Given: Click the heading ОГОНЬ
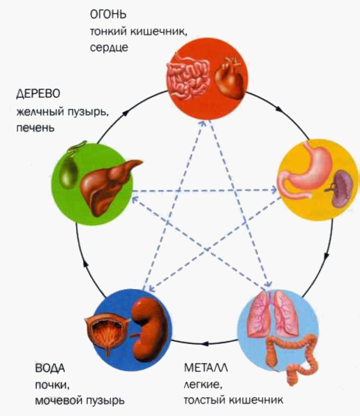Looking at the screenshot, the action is tap(108, 15).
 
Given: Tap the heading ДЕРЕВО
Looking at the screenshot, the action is tap(38, 94).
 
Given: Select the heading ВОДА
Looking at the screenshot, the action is tap(50, 369).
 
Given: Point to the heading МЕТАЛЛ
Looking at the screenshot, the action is tap(206, 368).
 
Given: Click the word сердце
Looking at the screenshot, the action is tap(110, 47).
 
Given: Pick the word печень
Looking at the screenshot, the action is tap(36, 128).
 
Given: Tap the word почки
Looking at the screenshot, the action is tap(52, 385).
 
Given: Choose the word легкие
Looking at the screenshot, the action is tap(203, 385).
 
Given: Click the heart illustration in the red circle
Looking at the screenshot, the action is tap(230, 78).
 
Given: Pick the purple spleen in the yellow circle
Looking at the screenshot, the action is tap(342, 188).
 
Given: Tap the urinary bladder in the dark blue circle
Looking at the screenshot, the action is tap(106, 332).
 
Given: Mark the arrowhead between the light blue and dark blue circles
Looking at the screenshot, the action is tap(205, 343).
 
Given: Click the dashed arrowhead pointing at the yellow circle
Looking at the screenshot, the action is tap(273, 190).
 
